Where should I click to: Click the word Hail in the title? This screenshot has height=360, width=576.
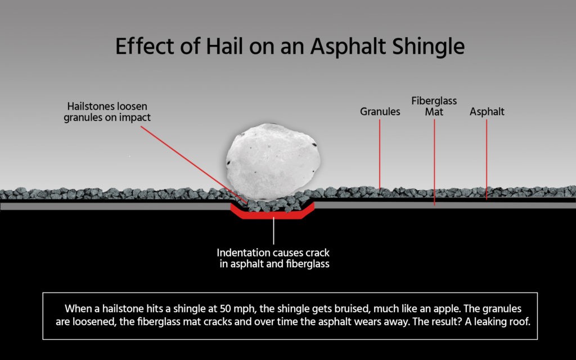point(224,46)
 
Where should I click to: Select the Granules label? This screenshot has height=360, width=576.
point(380,112)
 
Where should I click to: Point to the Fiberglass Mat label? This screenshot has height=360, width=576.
point(434,106)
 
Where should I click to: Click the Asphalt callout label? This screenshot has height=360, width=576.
point(487,112)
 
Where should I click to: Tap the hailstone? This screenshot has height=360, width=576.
point(273,161)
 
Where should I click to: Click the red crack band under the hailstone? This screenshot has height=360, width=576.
point(273,214)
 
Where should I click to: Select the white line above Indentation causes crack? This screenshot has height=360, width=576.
point(273,231)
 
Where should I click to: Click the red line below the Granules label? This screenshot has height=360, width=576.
point(380,154)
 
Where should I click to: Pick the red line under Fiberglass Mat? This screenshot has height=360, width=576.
point(434,162)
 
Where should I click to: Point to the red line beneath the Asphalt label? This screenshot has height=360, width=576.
point(487,159)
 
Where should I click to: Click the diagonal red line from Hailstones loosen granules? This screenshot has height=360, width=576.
point(194,165)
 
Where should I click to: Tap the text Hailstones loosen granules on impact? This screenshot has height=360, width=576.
point(107,112)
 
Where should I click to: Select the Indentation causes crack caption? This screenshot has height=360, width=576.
point(273,258)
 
